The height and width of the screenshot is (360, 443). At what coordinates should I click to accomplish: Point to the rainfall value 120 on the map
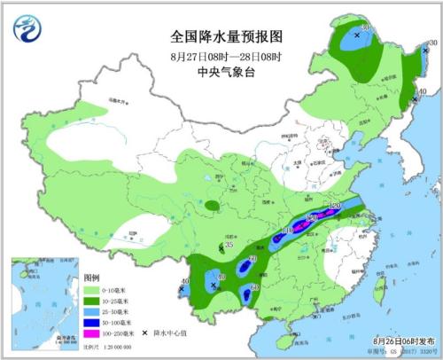(x=333, y=207)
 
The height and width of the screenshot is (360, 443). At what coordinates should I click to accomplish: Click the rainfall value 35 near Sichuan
(x=229, y=245)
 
